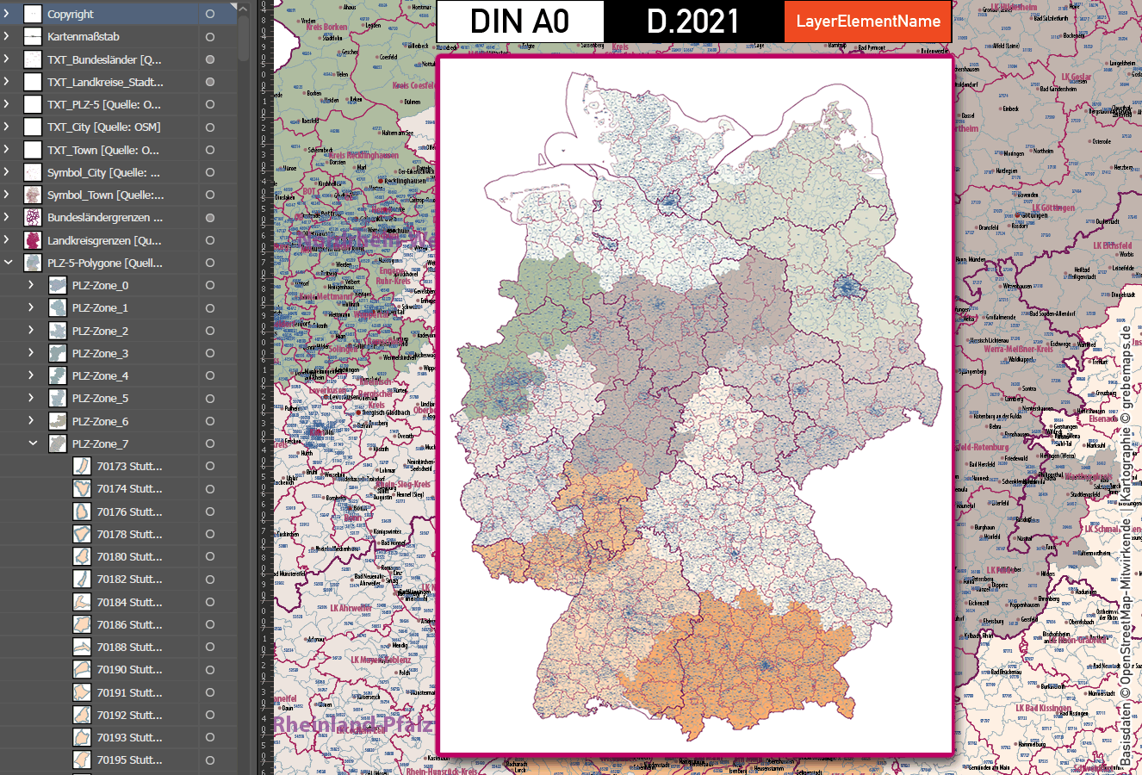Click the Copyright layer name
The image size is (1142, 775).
[x=71, y=15]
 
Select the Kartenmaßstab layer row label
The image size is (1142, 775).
[x=84, y=37]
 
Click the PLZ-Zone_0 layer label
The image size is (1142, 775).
[x=100, y=285]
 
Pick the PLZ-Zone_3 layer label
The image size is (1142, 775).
[x=100, y=353]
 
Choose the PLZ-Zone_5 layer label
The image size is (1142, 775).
[x=100, y=399]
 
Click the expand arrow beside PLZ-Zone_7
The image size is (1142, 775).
[x=33, y=443]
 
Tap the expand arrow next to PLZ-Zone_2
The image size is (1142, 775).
[x=32, y=331]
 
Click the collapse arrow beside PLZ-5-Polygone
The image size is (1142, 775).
[x=8, y=263]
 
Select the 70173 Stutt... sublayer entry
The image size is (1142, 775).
[x=129, y=466]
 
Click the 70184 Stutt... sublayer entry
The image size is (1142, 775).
[x=129, y=602]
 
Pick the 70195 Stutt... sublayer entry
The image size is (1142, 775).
[x=129, y=759]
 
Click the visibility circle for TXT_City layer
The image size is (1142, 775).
[x=209, y=127]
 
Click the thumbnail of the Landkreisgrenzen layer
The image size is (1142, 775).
[x=33, y=240]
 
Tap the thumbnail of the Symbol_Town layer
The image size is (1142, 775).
[x=33, y=195]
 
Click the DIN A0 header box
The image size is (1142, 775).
[x=520, y=22]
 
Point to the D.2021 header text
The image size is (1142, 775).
[x=692, y=22]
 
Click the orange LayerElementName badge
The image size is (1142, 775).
[x=867, y=22]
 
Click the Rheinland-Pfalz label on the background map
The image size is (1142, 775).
[x=353, y=725]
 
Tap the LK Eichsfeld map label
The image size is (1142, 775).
[x=1114, y=246]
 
